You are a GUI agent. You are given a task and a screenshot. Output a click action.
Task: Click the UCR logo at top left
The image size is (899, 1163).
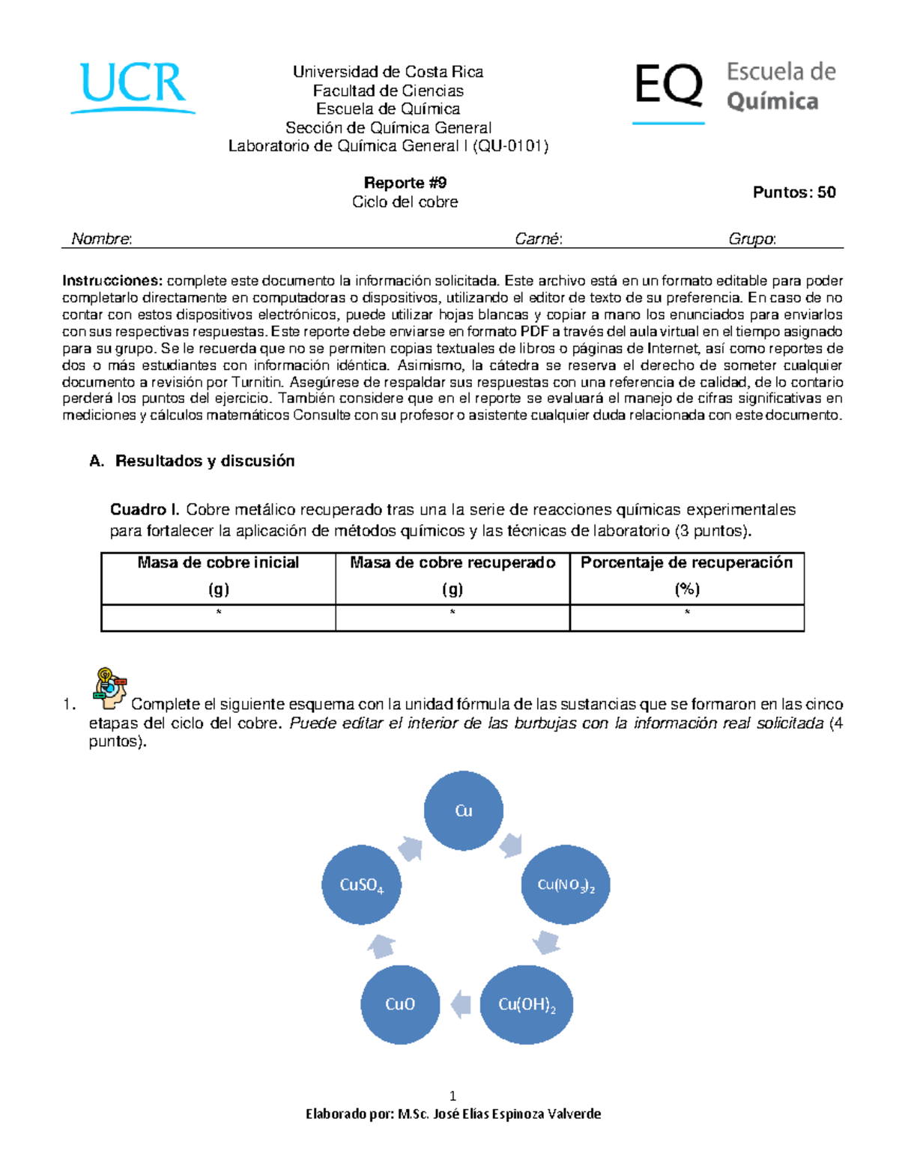point(133,86)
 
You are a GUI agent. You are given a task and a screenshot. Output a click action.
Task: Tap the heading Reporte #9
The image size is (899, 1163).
point(405,183)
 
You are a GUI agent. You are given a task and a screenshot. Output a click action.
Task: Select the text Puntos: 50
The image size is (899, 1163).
point(793,192)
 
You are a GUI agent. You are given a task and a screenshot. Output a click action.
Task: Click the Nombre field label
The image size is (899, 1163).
point(101,239)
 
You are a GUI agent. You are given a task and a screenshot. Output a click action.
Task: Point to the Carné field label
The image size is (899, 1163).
point(538,239)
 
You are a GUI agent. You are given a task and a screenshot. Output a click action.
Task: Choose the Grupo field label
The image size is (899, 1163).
point(751,239)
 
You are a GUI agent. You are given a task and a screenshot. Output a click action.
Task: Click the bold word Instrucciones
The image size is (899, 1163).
point(112,281)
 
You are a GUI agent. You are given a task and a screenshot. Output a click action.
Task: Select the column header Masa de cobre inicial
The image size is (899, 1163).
point(218,563)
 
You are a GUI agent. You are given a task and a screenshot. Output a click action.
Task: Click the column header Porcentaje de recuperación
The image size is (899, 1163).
point(686,563)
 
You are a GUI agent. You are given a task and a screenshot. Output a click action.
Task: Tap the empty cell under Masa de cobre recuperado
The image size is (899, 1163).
point(452,618)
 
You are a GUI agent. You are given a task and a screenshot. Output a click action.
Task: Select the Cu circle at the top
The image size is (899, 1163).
point(463,810)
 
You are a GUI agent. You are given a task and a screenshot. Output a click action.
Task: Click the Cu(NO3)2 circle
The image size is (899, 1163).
point(566,884)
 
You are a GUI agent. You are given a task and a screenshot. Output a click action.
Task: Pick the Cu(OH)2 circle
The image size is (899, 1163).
point(527,1004)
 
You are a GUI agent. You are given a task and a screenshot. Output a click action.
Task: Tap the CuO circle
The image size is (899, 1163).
point(399,1004)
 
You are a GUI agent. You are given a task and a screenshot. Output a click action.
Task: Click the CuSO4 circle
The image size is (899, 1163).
point(361,884)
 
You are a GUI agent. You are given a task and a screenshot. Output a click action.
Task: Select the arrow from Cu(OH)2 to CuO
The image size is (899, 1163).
point(461,1004)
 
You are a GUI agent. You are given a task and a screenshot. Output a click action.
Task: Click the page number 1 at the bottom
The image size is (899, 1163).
point(452,1095)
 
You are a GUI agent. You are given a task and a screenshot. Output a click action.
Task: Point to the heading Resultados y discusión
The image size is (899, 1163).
point(204,461)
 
